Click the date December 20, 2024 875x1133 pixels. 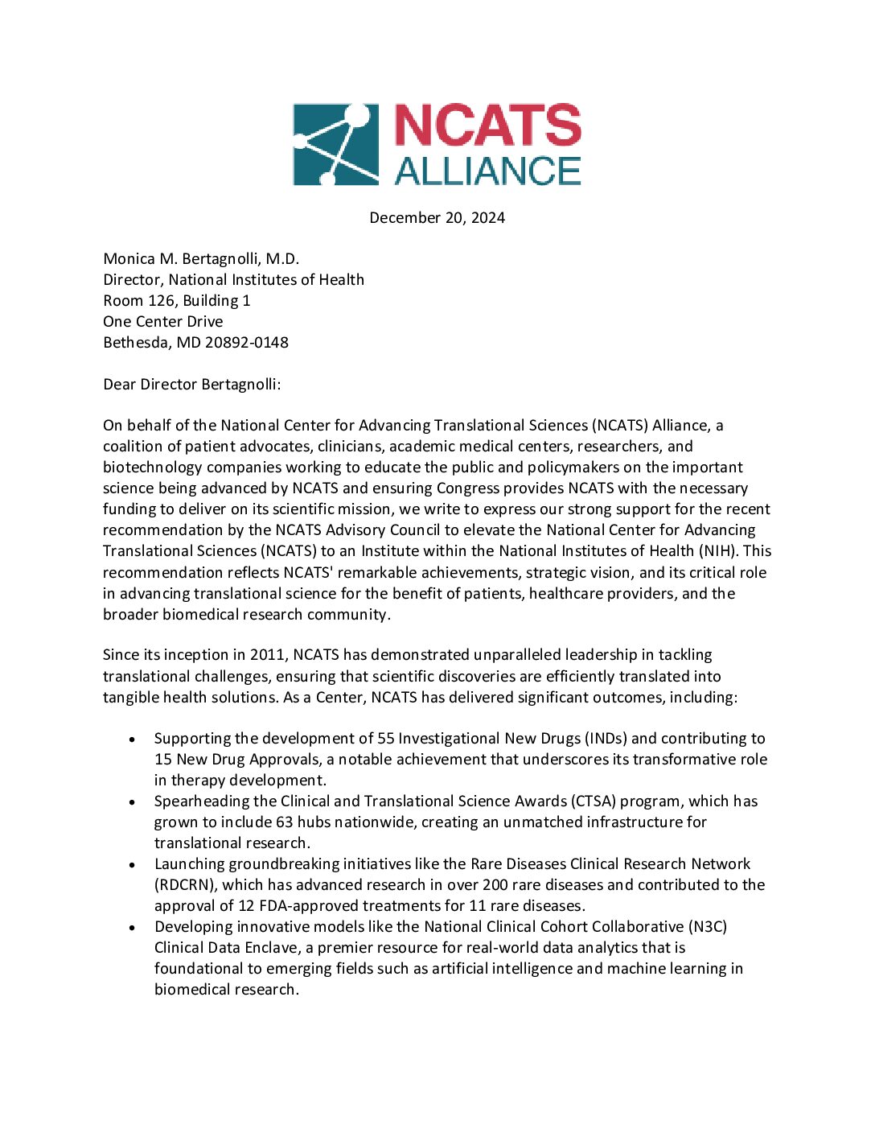437,217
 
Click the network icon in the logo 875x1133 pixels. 335,144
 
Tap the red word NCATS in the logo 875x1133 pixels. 487,126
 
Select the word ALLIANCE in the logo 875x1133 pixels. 487,171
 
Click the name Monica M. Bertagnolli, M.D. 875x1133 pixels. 201,258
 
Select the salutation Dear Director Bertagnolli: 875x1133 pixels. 192,384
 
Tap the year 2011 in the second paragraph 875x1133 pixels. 267,655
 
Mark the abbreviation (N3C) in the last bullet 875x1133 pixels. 708,926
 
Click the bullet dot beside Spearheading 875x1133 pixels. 132,802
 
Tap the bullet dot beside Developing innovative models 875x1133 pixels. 132,928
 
